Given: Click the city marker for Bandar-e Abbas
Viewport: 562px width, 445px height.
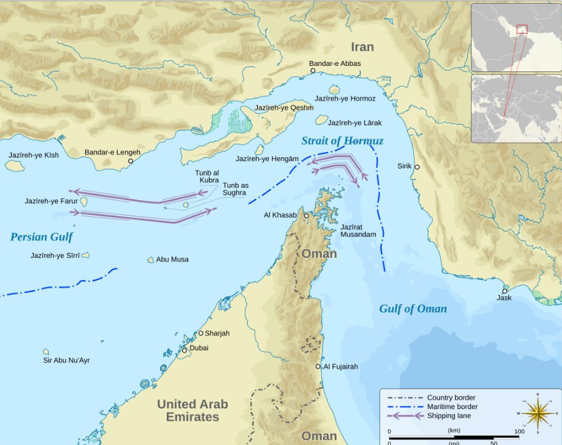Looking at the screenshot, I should pyautogui.click(x=314, y=71).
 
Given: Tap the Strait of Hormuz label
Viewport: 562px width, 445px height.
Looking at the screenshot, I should pyautogui.click(x=342, y=141).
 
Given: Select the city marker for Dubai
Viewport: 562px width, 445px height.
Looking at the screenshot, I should pyautogui.click(x=184, y=351).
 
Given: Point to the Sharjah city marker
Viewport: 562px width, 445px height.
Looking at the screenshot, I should pyautogui.click(x=201, y=334).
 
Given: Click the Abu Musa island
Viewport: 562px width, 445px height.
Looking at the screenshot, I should pyautogui.click(x=151, y=260).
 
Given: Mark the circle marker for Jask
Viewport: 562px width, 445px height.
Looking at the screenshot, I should pyautogui.click(x=505, y=291).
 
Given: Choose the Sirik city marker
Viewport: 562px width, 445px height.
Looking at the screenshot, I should pyautogui.click(x=417, y=167).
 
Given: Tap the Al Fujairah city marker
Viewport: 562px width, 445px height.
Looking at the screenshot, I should pyautogui.click(x=318, y=367).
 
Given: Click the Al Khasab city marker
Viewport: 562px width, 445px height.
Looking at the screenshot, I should pyautogui.click(x=306, y=216).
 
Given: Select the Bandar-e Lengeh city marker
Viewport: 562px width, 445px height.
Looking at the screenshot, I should pyautogui.click(x=131, y=161).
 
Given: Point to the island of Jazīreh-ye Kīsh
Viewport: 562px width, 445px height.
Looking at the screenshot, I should pyautogui.click(x=14, y=166).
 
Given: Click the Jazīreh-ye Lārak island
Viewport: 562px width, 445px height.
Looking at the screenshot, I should pyautogui.click(x=322, y=119).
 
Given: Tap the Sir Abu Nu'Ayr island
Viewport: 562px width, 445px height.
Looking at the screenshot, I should pyautogui.click(x=46, y=352).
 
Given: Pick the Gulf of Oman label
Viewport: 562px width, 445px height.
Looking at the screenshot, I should pyautogui.click(x=413, y=309).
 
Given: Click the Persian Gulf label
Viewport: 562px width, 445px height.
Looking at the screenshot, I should pyautogui.click(x=41, y=237).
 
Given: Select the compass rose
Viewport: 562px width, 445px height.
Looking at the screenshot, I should pyautogui.click(x=538, y=413).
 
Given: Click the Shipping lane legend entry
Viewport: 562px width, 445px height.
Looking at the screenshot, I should pyautogui.click(x=429, y=416).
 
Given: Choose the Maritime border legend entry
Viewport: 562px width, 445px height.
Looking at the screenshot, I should pyautogui.click(x=429, y=406).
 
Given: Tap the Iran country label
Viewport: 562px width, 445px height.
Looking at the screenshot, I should pyautogui.click(x=362, y=47).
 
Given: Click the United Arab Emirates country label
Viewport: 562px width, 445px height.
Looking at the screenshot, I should pyautogui.click(x=192, y=410).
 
